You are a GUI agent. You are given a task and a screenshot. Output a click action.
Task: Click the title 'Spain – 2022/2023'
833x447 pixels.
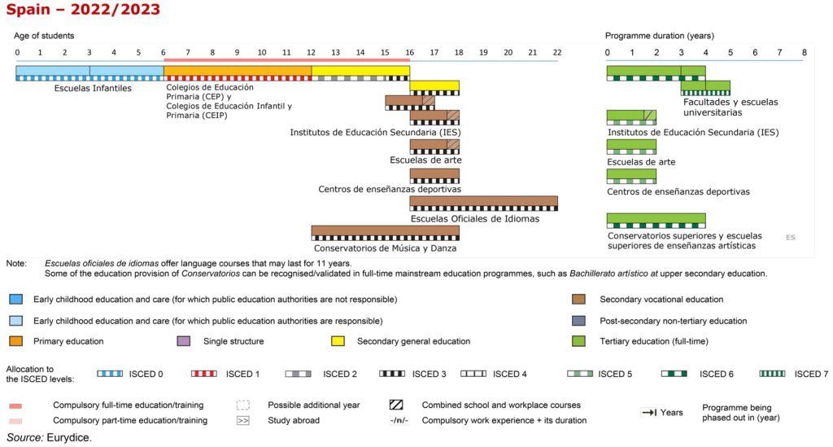(x=81, y=11)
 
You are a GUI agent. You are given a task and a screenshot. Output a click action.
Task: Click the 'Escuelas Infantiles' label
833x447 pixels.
(x=93, y=88)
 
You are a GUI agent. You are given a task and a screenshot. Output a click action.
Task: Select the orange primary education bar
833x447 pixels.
(x=237, y=71)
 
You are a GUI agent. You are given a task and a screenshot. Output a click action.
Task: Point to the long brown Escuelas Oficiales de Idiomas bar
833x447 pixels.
(x=483, y=201)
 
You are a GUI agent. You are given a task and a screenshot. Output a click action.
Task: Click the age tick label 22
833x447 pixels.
(x=556, y=52)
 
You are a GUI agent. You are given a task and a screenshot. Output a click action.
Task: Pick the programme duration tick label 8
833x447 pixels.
(x=804, y=52)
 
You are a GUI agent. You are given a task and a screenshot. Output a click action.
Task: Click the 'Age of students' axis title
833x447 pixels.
(x=44, y=36)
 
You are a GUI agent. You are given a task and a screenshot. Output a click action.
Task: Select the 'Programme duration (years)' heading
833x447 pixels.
(x=659, y=36)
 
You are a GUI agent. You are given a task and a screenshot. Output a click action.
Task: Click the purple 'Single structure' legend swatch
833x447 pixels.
(x=183, y=341)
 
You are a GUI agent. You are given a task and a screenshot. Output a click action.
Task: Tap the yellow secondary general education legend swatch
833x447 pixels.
(x=338, y=341)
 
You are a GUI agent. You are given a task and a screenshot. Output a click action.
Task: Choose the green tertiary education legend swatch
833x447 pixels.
(x=579, y=341)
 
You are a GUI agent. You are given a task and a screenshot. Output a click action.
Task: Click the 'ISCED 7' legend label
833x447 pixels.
(x=811, y=374)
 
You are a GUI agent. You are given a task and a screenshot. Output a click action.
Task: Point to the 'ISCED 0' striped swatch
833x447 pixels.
(x=110, y=374)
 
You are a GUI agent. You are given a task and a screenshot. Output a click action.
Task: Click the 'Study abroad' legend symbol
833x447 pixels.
(x=242, y=421)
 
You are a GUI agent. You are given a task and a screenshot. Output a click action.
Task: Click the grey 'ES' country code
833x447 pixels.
(x=790, y=238)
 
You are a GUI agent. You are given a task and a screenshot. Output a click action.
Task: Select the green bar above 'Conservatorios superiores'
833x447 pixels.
(x=656, y=218)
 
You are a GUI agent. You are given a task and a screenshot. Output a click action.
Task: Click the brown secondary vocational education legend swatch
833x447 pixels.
(x=579, y=300)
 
